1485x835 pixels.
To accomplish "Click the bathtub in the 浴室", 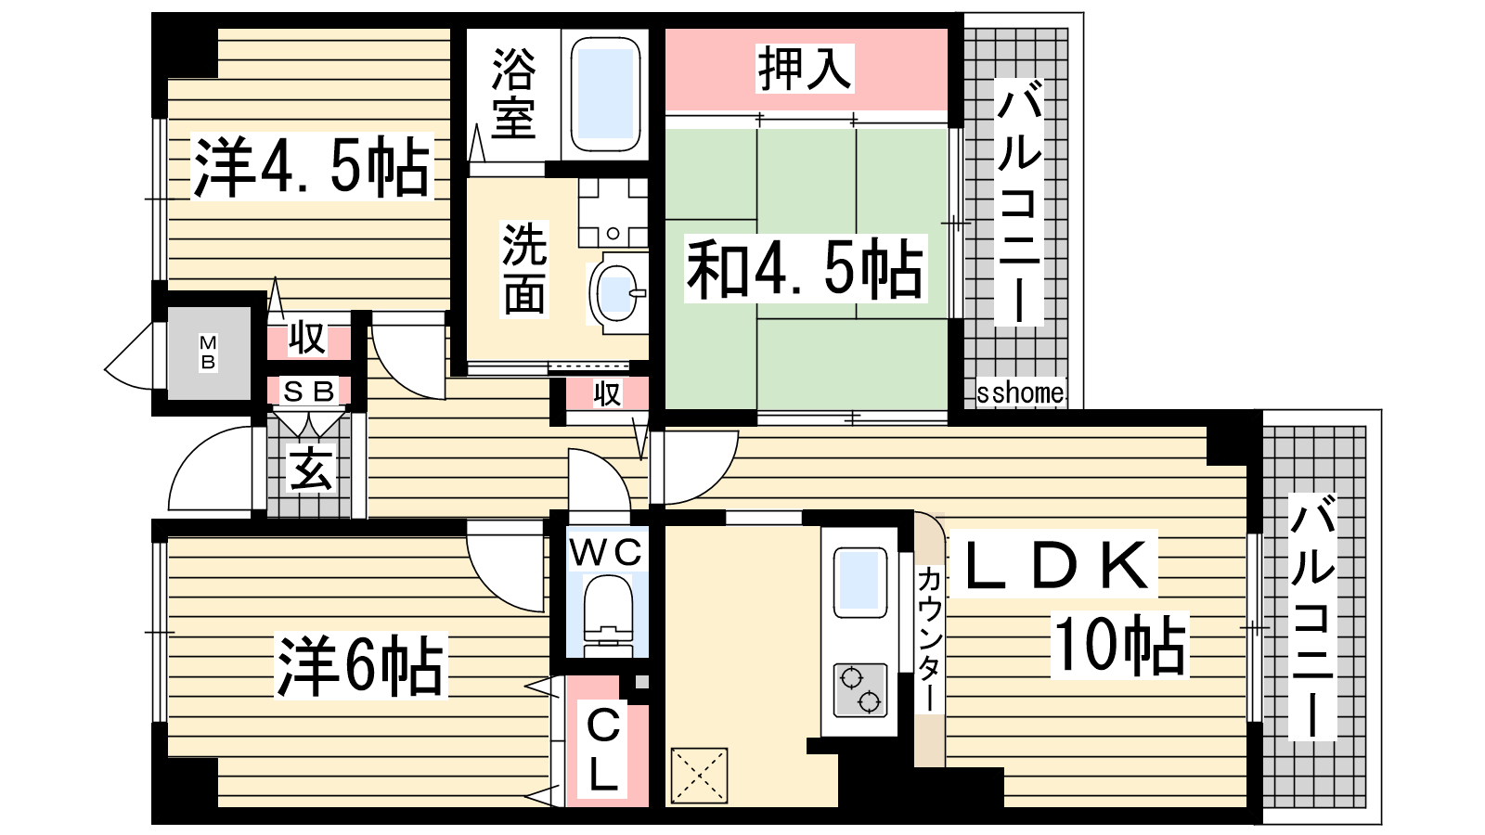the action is [x=604, y=94].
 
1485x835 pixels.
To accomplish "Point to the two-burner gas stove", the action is [x=860, y=690].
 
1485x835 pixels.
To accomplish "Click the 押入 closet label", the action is [x=805, y=68].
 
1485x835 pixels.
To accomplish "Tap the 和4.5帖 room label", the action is [x=805, y=269].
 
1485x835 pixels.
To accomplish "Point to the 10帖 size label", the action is [x=1119, y=644].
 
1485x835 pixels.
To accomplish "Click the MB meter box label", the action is [x=208, y=353].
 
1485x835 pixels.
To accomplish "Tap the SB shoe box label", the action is [x=309, y=391].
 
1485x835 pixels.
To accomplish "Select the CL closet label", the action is [x=603, y=749].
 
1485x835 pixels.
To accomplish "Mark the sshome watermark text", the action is [x=1021, y=393].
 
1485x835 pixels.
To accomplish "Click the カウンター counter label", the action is [x=929, y=639].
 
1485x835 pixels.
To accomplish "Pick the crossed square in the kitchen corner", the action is [x=699, y=776].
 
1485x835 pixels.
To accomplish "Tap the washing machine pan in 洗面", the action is [x=613, y=212].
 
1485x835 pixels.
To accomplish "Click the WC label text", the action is [x=606, y=551].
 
